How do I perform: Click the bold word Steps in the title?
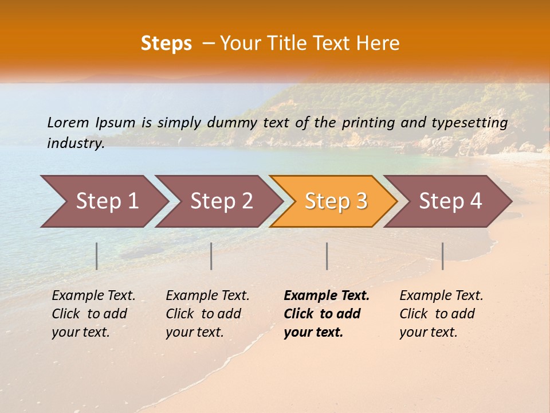(166, 43)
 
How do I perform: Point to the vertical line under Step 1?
(97, 256)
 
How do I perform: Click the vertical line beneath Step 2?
(211, 256)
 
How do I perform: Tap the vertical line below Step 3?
(327, 256)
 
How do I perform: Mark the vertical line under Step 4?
(443, 256)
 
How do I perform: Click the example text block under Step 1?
(93, 314)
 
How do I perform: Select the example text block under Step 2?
(207, 314)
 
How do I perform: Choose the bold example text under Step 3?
(326, 314)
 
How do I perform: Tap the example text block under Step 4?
(441, 314)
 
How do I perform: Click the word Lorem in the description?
(68, 122)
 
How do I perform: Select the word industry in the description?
(75, 143)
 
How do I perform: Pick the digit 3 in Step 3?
(361, 201)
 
